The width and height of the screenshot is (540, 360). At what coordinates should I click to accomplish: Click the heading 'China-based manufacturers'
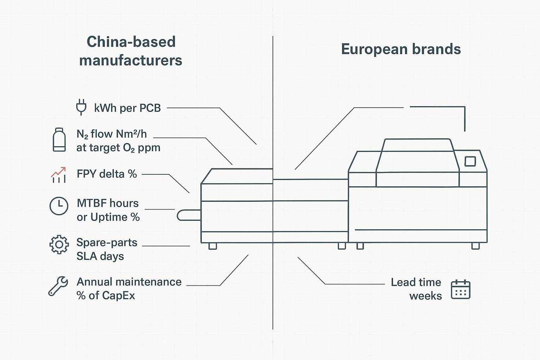click(x=131, y=51)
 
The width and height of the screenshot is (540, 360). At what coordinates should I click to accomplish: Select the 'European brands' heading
click(x=401, y=49)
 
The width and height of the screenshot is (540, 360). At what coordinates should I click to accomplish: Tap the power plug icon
click(x=81, y=107)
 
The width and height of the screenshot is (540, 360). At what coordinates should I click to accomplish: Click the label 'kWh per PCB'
click(x=127, y=108)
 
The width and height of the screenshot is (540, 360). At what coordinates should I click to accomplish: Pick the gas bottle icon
click(x=59, y=140)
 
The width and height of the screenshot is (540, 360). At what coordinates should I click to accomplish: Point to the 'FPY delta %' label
click(x=107, y=174)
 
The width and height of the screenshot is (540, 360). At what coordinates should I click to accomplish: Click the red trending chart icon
click(x=58, y=175)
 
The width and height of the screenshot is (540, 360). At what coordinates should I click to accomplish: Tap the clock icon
click(x=59, y=206)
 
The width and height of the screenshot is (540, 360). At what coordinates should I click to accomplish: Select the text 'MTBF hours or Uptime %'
click(x=108, y=210)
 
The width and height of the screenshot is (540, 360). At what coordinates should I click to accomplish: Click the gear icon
click(x=59, y=244)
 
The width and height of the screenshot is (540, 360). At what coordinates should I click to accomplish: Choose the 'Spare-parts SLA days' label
click(x=107, y=249)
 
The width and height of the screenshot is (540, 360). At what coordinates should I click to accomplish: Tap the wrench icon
click(x=58, y=285)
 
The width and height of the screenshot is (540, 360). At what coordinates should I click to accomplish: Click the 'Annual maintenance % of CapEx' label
click(x=129, y=289)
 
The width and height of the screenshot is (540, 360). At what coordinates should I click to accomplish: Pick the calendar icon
click(x=461, y=289)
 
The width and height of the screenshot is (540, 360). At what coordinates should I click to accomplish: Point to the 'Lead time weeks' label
click(x=416, y=289)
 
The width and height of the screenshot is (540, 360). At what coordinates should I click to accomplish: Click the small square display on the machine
click(x=470, y=161)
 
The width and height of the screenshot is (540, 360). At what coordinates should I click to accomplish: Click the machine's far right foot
click(x=475, y=246)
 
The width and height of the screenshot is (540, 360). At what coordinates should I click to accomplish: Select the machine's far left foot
click(x=212, y=246)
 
